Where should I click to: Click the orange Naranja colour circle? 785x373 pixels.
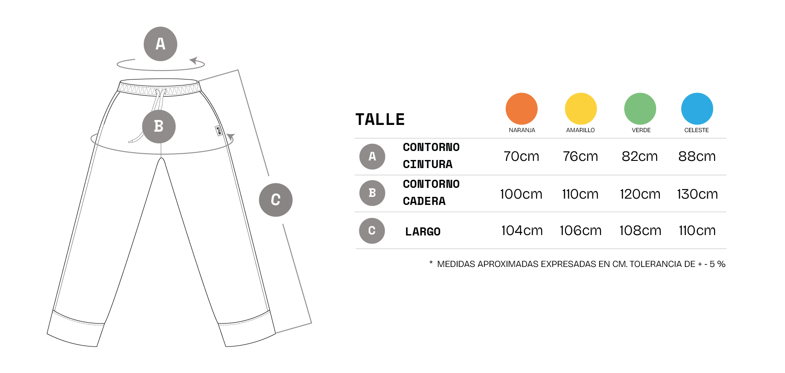[521, 109]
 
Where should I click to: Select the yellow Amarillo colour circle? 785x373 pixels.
[581, 109]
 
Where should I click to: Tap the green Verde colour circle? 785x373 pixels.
[640, 109]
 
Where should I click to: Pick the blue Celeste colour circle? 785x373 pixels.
[697, 109]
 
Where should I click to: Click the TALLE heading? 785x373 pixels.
[380, 120]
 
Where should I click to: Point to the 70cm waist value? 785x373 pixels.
[521, 156]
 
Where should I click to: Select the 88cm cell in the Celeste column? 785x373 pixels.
[697, 156]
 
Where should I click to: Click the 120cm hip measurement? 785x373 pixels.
[640, 194]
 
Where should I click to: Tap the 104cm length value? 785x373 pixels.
[522, 231]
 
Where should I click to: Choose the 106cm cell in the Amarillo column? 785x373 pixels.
[580, 231]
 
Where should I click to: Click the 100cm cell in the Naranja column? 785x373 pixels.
[521, 194]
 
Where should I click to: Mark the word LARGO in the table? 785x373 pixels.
[423, 232]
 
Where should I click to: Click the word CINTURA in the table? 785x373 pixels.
[428, 164]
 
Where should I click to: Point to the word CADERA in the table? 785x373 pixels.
[424, 201]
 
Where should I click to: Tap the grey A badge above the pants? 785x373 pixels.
[160, 44]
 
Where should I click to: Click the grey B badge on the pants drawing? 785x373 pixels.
[159, 126]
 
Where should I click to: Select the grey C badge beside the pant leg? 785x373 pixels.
[276, 200]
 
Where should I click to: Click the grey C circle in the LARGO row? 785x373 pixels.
[372, 231]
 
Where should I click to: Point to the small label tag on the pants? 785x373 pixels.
[219, 131]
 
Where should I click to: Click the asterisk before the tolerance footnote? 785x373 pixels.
[431, 263]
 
